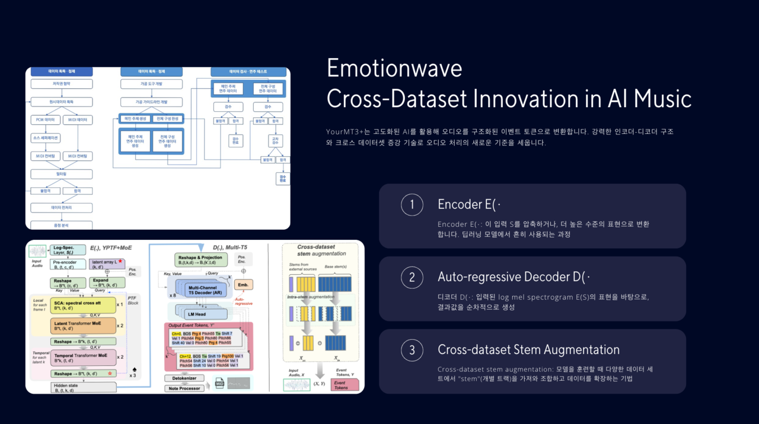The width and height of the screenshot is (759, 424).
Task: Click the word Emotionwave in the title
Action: (x=394, y=69)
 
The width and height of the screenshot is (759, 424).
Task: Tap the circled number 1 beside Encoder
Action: (x=412, y=205)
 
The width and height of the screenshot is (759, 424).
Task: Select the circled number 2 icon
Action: (x=412, y=278)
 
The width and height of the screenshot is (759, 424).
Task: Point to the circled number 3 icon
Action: (x=412, y=350)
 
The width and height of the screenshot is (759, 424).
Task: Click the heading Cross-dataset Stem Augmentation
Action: (x=528, y=350)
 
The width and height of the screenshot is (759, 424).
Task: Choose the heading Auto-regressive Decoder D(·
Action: (x=514, y=277)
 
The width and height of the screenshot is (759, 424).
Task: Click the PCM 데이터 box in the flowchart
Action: (x=45, y=120)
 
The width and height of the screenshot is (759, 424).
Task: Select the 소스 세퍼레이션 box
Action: (x=45, y=138)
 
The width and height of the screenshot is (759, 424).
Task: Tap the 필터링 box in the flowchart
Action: (x=62, y=174)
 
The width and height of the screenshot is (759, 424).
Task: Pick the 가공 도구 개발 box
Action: (x=151, y=84)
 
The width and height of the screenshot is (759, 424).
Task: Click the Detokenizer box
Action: (x=185, y=377)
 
